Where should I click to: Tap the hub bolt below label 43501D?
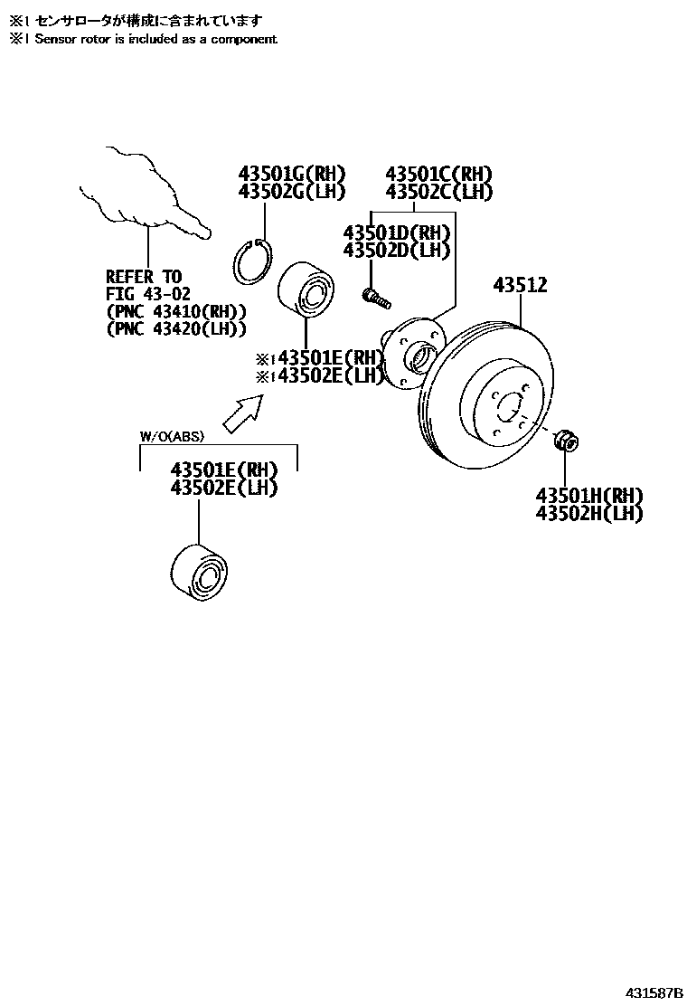coord(377,298)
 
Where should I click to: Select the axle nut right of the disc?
coord(566,440)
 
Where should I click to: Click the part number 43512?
coord(521,285)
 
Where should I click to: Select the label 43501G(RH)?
coord(292,173)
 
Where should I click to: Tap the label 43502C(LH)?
coord(439,191)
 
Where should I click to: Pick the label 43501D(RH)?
coord(397,233)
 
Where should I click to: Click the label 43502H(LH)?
coord(589,513)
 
